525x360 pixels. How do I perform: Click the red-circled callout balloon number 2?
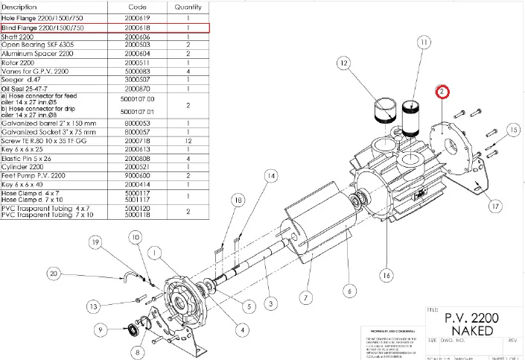(442, 92)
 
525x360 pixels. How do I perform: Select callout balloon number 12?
(345, 65)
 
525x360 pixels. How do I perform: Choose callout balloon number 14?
(270, 176)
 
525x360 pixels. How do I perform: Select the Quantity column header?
(187, 6)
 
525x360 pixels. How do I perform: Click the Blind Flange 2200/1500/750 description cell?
(42, 28)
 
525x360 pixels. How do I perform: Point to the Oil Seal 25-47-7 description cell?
(28, 88)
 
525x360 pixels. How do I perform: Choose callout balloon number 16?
(385, 276)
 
